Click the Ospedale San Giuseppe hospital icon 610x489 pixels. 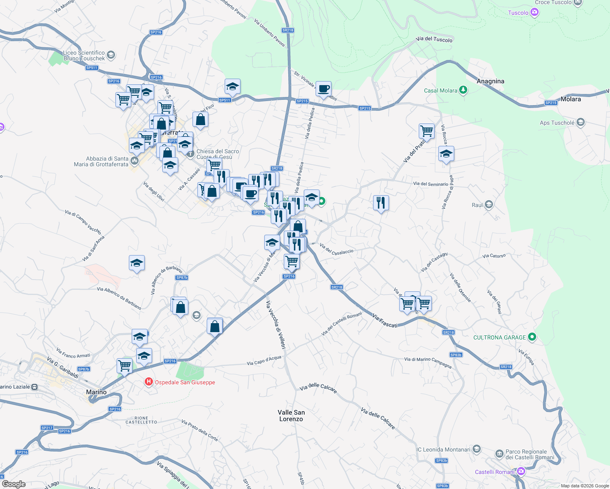pos(149,382)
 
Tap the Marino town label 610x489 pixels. pos(96,392)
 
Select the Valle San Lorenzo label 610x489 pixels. pos(291,416)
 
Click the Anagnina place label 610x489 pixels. pos(490,81)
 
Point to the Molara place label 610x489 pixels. pos(570,99)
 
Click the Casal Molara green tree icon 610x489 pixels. pos(463,90)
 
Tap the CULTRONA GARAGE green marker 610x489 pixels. pos(532,337)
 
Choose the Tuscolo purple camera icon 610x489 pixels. pos(535,13)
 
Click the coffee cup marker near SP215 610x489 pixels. pos(324,89)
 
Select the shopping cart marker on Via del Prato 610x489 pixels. pos(427,131)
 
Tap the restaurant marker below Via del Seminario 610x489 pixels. pos(381,203)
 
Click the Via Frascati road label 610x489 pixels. pos(385,320)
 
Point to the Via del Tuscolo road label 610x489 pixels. pos(434,40)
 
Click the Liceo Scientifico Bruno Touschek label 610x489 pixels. pos(84,55)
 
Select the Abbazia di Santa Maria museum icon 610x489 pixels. pos(135,161)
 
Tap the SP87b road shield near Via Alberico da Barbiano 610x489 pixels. pos(181,278)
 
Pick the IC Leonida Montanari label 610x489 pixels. pos(443,449)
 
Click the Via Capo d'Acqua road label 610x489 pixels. pos(264,361)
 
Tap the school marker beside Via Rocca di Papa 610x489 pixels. pos(446,154)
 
